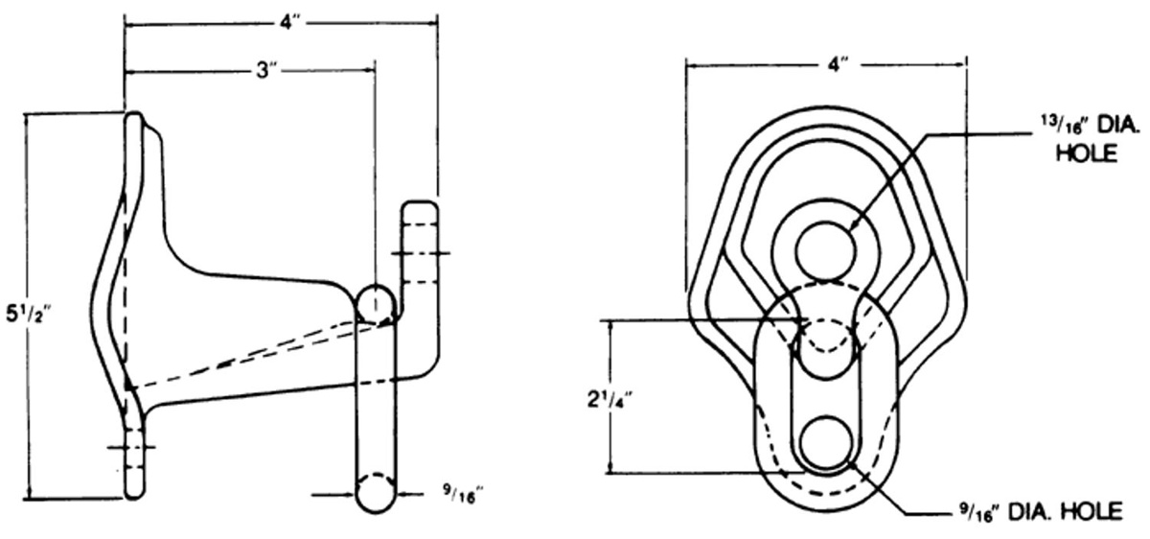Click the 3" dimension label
tap(267, 70)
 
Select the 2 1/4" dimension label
tap(609, 399)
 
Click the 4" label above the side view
tap(290, 23)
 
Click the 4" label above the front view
tap(838, 64)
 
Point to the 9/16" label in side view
tap(464, 494)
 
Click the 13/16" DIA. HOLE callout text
tap(1089, 139)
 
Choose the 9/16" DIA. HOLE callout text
tap(1040, 512)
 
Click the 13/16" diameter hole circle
tap(826, 250)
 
